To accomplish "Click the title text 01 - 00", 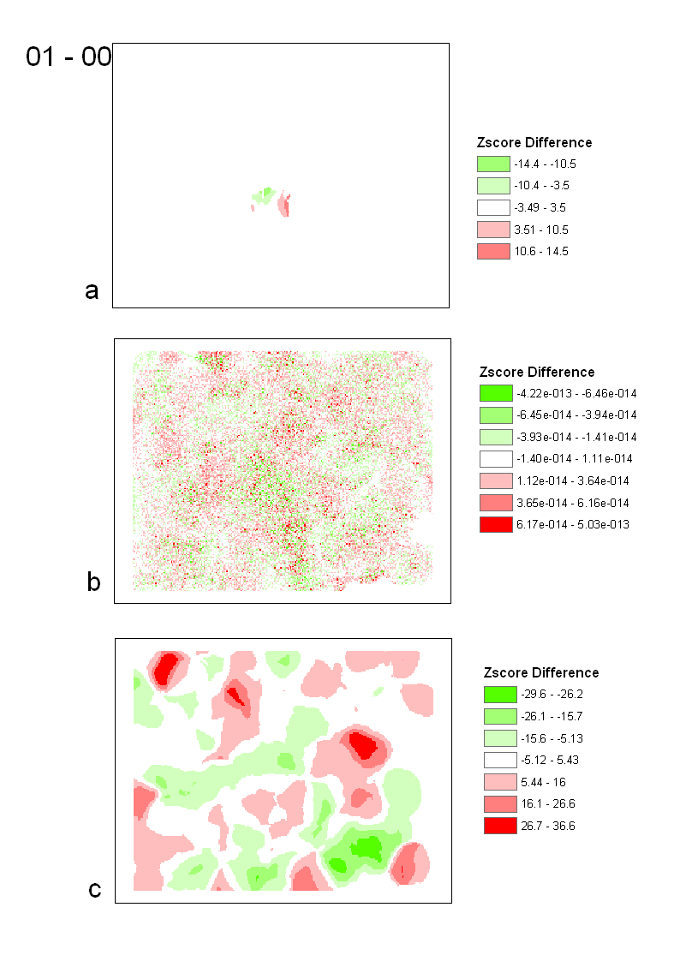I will coord(69,57).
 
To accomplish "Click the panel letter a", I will coord(92,291).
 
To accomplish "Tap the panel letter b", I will coord(94,582).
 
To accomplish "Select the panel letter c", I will coord(95,890).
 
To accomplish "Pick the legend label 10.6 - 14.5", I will coord(541,251).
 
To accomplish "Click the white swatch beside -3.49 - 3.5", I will coord(492,207).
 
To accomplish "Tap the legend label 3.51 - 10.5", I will coord(541,230).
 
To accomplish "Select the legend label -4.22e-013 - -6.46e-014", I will coord(576,393).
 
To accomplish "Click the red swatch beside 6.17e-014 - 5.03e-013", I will coord(495,524).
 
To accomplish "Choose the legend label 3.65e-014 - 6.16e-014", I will coord(572,503).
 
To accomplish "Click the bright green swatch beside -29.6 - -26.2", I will coord(499,694).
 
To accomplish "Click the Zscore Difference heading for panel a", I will coord(534,142).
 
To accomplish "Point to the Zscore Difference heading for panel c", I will coord(541,672).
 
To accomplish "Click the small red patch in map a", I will coord(286,206).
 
